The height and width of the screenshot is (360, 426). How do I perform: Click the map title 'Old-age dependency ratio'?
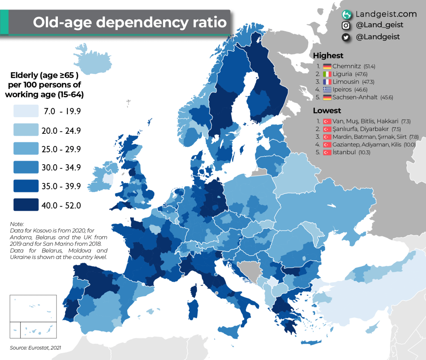pos(130,22)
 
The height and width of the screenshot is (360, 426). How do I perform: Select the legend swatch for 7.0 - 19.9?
pos(25,111)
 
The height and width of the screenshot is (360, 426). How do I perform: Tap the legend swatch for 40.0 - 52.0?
pos(25,205)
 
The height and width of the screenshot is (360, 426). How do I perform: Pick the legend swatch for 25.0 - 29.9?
pos(25,149)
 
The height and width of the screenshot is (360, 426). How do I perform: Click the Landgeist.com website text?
pos(386,14)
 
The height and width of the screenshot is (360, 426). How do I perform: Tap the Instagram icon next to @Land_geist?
pos(345,25)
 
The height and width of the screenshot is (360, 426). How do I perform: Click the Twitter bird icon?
pos(345,37)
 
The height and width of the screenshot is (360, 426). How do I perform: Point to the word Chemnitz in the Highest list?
pos(347,67)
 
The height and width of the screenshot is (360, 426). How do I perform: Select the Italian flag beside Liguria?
pos(327,74)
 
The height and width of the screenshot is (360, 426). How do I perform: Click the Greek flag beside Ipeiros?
pos(327,90)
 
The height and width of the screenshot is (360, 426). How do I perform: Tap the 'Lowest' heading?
pos(327,111)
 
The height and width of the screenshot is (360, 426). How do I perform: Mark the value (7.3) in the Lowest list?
pos(406,121)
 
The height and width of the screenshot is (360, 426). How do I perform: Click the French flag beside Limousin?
pos(327,82)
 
